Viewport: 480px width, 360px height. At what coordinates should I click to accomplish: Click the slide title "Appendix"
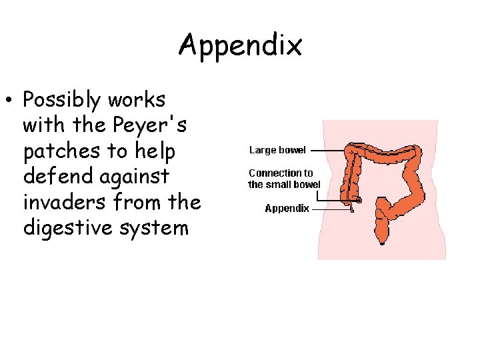(x=240, y=45)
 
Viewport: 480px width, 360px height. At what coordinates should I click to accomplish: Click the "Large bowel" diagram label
(x=277, y=150)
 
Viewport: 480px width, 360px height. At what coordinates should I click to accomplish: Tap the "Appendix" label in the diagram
(x=287, y=208)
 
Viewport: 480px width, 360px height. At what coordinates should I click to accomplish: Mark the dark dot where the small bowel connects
(x=359, y=200)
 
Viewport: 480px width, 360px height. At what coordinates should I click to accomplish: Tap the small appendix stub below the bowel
(x=352, y=209)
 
